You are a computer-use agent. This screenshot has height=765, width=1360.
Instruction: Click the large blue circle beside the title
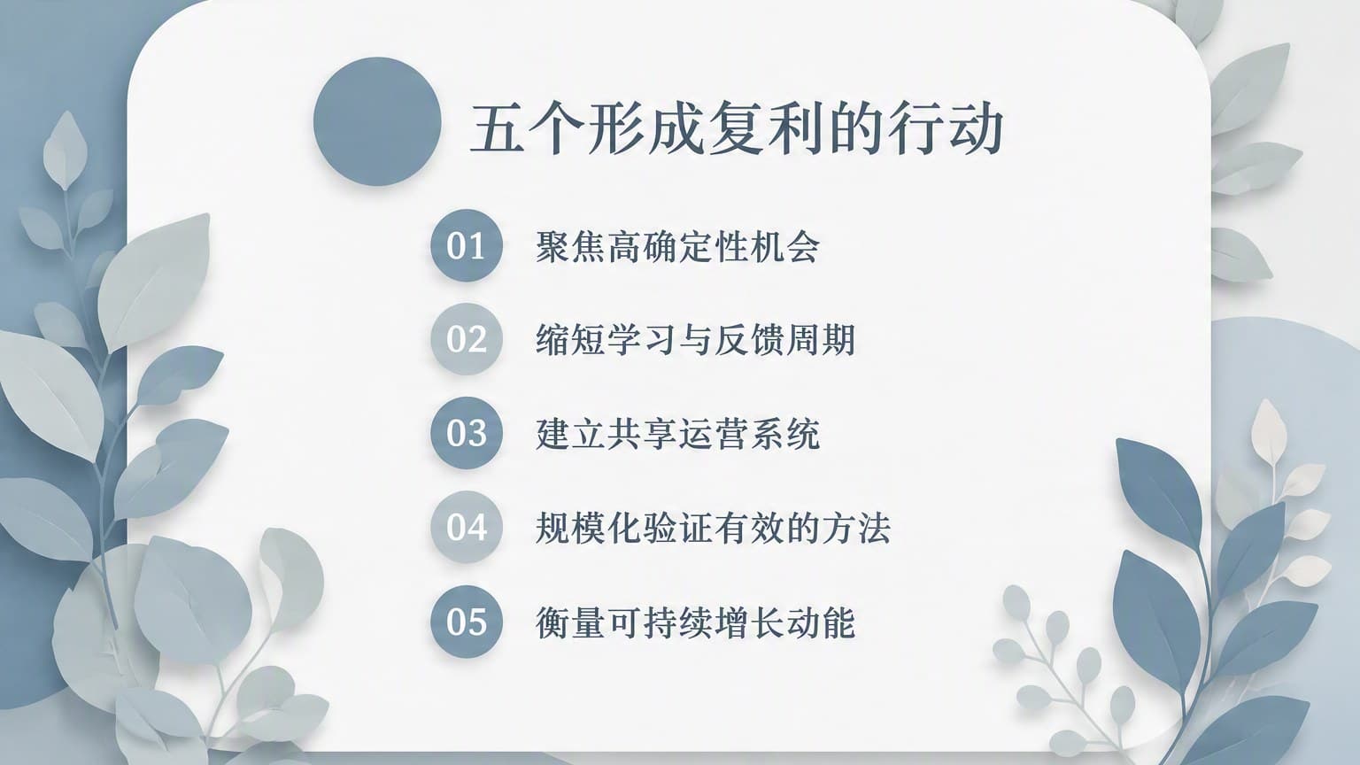coord(377,121)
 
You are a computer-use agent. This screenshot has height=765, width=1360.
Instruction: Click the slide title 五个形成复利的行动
coord(736,129)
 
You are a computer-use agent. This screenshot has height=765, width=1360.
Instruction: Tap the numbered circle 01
coord(467,245)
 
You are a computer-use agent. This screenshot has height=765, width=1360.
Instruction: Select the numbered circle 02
coord(467,339)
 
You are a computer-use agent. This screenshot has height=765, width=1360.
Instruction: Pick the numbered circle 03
coord(467,433)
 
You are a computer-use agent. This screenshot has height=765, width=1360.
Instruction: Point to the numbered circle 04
coord(467,527)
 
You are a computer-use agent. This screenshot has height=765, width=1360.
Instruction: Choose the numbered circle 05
coord(467,621)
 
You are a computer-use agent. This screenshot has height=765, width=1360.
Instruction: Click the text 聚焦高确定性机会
coord(677,246)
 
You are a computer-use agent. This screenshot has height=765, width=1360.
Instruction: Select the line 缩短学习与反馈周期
coord(696,340)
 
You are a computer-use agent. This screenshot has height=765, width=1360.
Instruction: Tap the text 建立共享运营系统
coord(677,434)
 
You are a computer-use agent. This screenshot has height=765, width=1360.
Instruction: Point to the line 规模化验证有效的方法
coord(714,529)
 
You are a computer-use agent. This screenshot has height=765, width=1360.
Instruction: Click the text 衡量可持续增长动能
coord(696,622)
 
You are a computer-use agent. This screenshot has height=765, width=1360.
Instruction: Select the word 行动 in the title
coord(945,129)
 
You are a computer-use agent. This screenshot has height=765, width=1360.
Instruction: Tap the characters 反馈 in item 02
coord(749,340)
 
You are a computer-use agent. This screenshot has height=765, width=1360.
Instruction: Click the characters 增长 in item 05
coord(749,622)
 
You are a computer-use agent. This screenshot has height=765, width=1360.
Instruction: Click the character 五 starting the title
coord(498,129)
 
